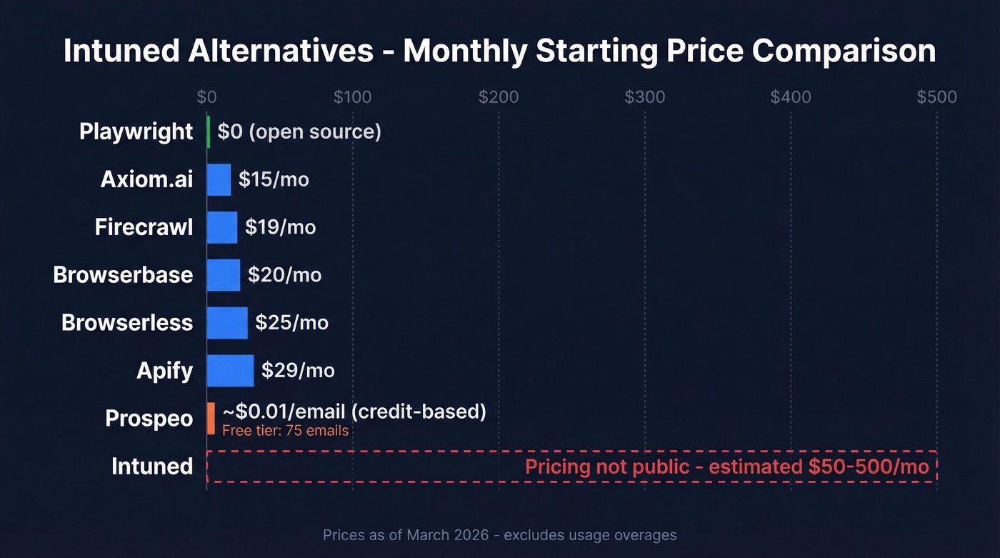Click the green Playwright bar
[x=209, y=132]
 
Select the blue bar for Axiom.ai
[x=219, y=179]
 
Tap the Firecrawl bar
[x=222, y=227]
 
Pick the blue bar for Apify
[x=230, y=371]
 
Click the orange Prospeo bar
[x=211, y=418]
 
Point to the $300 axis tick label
[x=645, y=97]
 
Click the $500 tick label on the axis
[x=936, y=97]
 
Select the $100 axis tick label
[x=353, y=97]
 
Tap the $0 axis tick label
[x=206, y=97]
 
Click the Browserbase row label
[x=123, y=275]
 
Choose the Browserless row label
[x=127, y=323]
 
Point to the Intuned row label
[x=152, y=467]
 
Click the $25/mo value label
[x=291, y=323]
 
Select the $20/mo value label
[x=284, y=275]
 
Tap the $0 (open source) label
[x=299, y=132]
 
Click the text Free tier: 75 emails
[x=285, y=430]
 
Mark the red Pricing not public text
[x=726, y=467]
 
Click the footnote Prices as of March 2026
[x=499, y=535]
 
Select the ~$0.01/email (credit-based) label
[x=354, y=412]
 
